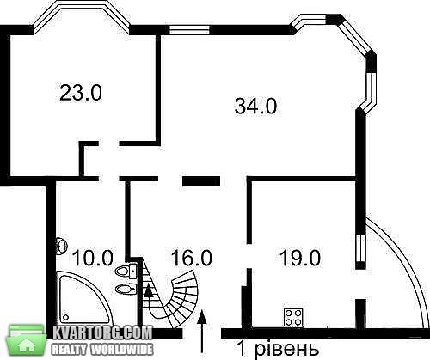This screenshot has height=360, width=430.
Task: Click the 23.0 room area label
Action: (81, 92)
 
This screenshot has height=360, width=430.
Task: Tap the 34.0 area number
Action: (255, 106)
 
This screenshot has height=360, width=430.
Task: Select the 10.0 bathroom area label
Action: (93, 258)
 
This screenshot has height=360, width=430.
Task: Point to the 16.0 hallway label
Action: (192, 258)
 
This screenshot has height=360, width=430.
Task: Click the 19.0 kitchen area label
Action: (300, 258)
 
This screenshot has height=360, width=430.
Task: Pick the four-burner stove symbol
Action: (293, 318)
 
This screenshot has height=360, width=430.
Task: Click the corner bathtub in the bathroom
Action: (83, 298)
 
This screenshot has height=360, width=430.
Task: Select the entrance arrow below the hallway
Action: (202, 331)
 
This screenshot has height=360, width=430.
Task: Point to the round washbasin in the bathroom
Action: (62, 246)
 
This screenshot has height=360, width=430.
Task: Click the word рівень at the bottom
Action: (286, 349)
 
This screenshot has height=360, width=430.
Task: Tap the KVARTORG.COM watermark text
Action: (102, 333)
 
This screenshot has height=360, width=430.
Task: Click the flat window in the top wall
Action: (189, 30)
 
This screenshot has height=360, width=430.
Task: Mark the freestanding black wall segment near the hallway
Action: (201, 181)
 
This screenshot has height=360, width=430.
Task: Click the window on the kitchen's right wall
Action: (360, 248)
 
